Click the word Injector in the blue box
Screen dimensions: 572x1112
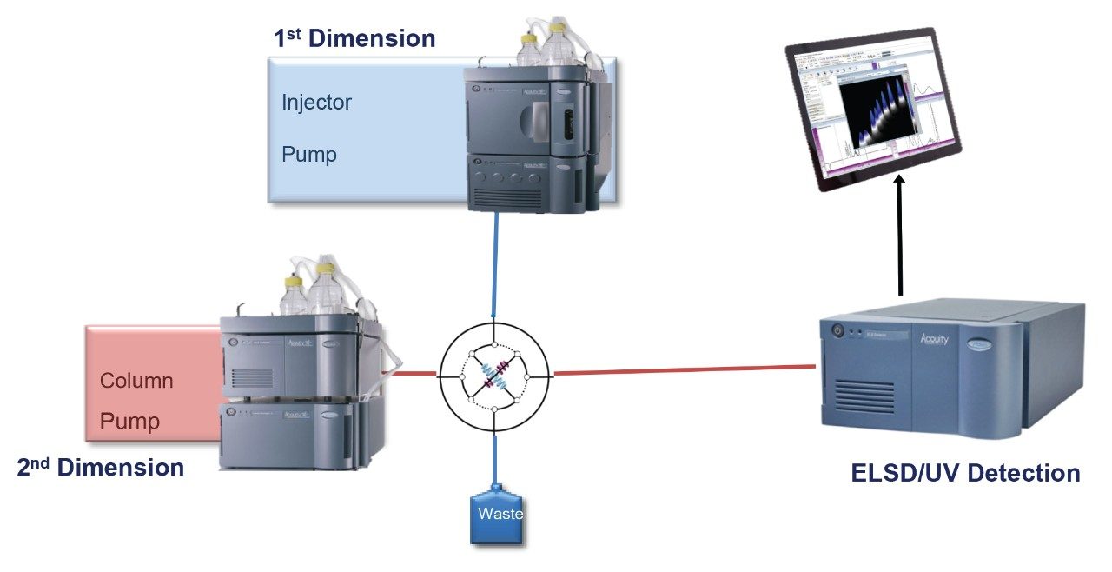click(x=316, y=103)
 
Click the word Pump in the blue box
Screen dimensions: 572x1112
click(x=308, y=155)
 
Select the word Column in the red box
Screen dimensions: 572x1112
click(x=136, y=381)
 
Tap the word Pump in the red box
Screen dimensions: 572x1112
click(x=129, y=422)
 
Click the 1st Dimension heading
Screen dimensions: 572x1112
click(x=354, y=38)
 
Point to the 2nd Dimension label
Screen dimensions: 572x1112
click(x=101, y=468)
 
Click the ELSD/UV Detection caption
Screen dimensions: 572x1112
click(x=965, y=473)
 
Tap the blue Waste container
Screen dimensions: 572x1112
click(x=498, y=517)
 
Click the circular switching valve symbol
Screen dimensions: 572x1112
click(x=494, y=375)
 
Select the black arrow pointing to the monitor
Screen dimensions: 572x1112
click(x=900, y=235)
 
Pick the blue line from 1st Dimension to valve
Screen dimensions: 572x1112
click(x=496, y=261)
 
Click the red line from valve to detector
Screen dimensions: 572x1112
click(x=686, y=370)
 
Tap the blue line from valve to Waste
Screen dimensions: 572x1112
click(x=495, y=456)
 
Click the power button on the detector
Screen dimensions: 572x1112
click(x=837, y=330)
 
